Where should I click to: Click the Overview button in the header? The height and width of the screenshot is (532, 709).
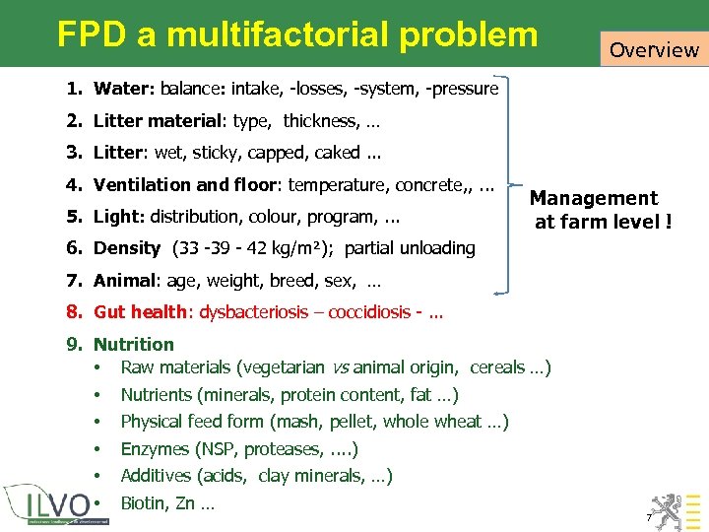coord(653,48)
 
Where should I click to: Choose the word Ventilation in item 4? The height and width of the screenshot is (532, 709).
coord(137,184)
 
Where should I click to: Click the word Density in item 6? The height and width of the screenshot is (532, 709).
coord(127,247)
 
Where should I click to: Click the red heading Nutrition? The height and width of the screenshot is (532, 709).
coord(133,344)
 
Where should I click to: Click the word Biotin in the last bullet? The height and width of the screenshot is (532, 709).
coord(144,503)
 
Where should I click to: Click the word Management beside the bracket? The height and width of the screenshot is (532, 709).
coord(594,198)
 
